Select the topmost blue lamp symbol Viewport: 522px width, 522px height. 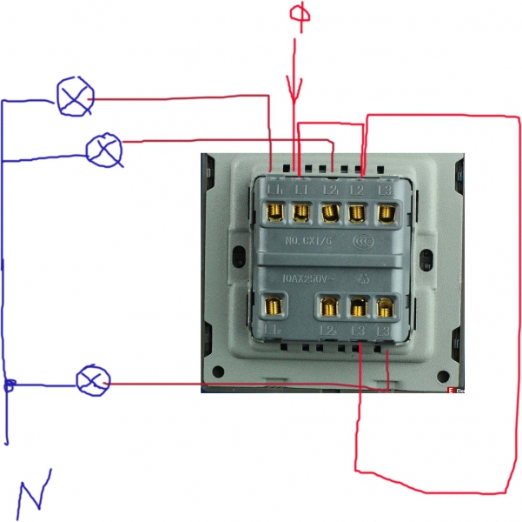pos(74,97)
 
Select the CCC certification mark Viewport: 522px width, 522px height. pos(364,240)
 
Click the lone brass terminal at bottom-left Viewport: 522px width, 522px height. pos(274,304)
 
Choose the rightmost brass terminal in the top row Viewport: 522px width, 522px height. pos(386,211)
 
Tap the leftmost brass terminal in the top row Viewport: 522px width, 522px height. pos(274,211)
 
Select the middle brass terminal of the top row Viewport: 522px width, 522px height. pos(330,211)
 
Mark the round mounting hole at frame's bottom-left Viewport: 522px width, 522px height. pos(217,365)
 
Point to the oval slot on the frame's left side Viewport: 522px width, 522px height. pos(238,257)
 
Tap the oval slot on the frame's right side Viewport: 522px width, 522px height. pos(426,258)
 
